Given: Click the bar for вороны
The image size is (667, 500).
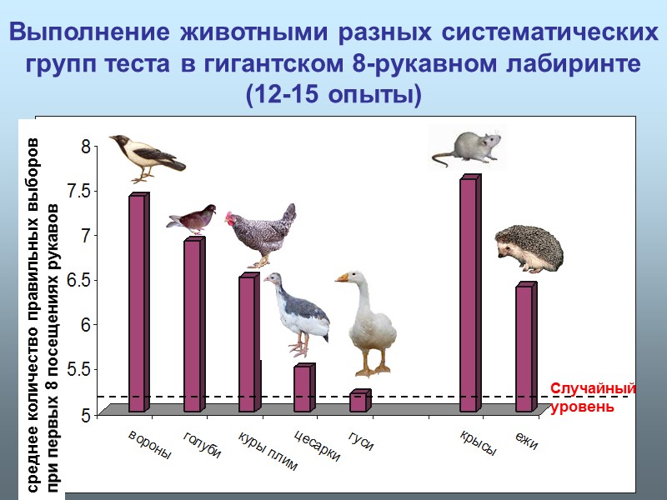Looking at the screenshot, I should pos(138,304).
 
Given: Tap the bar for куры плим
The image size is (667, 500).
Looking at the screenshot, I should pos(248,344).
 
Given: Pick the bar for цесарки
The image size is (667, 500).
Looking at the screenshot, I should pos(303,388).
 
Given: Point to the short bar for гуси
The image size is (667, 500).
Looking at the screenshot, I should pos(358,402).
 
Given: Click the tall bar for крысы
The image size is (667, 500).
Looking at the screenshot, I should pos(469,296).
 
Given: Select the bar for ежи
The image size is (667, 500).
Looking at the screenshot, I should pos(524,349).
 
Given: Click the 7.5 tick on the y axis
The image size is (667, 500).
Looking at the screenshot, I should pos(83,191).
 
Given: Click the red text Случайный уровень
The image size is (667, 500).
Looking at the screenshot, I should pos(593,398).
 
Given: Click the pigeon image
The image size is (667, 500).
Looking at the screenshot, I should pos(192,218).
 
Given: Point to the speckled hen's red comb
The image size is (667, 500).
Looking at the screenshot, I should pos(229,217).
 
